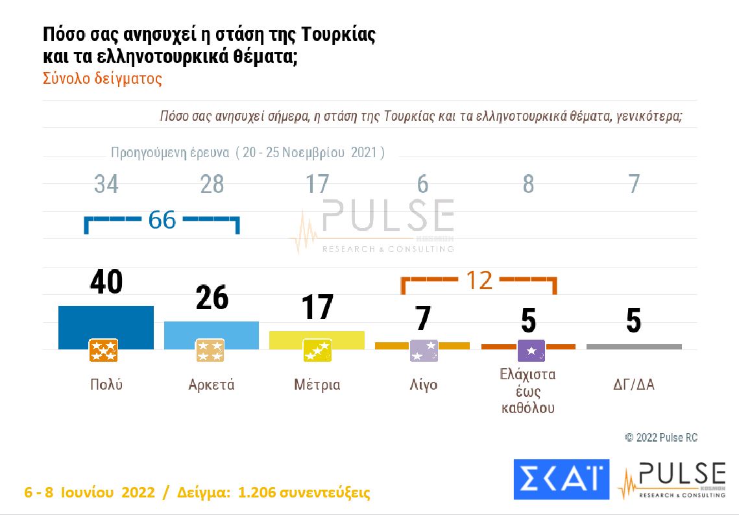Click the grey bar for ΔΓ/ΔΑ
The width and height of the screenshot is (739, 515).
click(634, 347)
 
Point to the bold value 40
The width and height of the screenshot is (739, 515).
click(106, 283)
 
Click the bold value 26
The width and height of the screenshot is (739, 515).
click(212, 298)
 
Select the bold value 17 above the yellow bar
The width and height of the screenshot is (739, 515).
click(317, 308)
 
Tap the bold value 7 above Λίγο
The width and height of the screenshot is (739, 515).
click(423, 318)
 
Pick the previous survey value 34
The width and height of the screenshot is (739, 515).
click(106, 184)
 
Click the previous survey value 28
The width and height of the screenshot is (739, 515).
click(212, 184)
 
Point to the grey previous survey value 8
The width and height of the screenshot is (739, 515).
click(528, 184)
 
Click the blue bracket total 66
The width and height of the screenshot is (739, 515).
click(162, 220)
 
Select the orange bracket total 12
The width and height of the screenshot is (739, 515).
click(479, 280)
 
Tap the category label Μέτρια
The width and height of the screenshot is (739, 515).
click(317, 384)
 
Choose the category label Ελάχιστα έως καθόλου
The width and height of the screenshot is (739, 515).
click(528, 392)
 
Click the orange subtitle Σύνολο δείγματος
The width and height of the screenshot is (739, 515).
click(103, 79)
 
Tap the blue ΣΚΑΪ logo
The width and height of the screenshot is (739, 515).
click(561, 479)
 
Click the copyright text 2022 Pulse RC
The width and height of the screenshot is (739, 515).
click(661, 438)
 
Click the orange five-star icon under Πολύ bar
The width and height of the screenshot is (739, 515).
click(103, 351)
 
